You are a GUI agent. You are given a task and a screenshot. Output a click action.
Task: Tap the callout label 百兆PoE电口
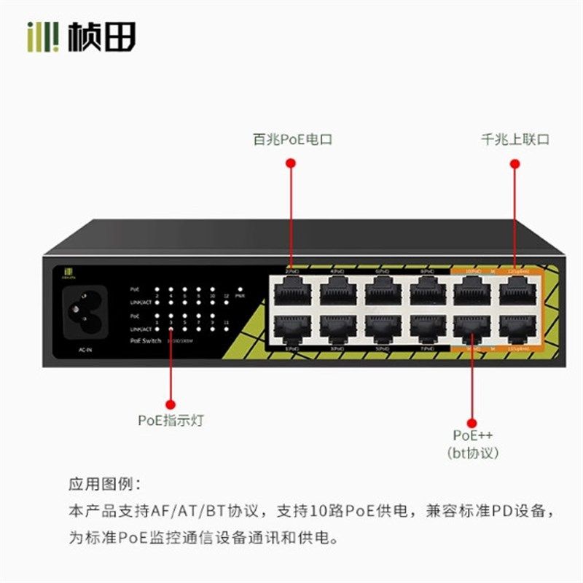coord(291,139)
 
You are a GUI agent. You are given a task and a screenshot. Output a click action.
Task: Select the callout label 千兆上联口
coord(515,139)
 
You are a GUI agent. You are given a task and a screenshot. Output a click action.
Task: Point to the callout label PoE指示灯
coord(171,420)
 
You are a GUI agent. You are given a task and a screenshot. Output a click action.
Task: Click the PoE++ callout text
coord(472,435)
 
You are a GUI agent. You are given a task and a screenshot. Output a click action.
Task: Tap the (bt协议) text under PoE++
coord(472,453)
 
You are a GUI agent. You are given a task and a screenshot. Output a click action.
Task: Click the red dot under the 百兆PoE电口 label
coord(291,165)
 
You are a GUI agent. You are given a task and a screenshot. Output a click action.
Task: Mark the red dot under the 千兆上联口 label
coord(515,165)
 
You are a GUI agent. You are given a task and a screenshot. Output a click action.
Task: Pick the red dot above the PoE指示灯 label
coord(171,403)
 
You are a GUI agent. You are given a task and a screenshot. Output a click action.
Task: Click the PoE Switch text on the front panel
coord(146,340)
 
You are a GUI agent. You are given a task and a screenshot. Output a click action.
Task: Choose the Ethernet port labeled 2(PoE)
coord(291,289)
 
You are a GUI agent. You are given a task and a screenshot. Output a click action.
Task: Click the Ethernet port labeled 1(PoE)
coord(291,329)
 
